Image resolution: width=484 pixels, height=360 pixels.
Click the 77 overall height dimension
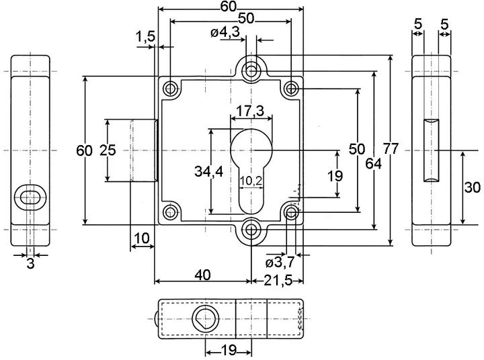(x=391, y=148)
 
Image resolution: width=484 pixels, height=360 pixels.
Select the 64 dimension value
(x=373, y=163)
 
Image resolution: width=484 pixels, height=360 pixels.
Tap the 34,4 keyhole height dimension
(x=208, y=171)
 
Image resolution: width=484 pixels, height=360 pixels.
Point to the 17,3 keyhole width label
(x=250, y=111)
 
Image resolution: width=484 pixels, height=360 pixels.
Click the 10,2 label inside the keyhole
(x=251, y=181)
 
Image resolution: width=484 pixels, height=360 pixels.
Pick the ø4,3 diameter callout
(x=225, y=32)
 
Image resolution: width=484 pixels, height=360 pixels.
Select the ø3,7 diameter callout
(x=280, y=263)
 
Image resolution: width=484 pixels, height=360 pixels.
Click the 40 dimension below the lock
(x=203, y=275)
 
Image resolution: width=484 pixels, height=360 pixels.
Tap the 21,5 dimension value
(x=278, y=281)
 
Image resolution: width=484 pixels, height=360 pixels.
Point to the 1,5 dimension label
(x=145, y=37)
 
